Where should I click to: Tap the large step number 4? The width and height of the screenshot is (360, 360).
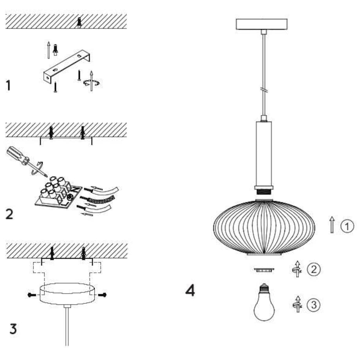point(190,291)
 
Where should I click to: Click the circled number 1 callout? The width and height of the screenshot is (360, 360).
point(347,226)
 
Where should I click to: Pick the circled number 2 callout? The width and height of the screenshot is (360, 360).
point(313,269)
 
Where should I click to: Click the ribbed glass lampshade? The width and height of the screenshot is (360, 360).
point(264,227)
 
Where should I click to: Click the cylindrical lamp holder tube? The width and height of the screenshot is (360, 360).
point(264,153)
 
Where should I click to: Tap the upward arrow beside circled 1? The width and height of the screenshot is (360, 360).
point(332,225)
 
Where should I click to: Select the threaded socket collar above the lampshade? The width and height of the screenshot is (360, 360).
point(264,192)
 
